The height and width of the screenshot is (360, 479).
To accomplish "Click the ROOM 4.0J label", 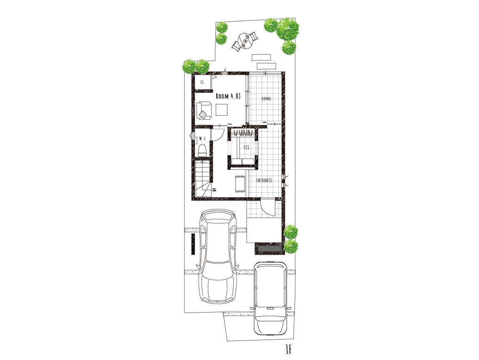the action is (228, 96).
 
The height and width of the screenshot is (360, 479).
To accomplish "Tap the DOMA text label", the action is (266, 99).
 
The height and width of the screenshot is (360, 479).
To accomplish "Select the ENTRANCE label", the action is (264, 181).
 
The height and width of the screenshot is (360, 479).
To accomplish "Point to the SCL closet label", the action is (246, 147).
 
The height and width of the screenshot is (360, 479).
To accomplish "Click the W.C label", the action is (202, 139).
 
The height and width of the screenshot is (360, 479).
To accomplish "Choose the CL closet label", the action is (202, 82).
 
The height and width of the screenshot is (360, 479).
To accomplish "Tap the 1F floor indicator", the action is (288, 349).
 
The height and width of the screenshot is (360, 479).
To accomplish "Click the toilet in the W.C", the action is (202, 150).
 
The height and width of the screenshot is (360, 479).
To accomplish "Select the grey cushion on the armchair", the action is (202, 114).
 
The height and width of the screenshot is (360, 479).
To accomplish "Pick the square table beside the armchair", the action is (222, 109).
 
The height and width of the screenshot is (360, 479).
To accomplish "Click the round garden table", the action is (246, 41).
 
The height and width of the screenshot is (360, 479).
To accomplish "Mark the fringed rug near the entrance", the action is (240, 184).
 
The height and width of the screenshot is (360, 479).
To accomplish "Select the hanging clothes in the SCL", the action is (244, 133).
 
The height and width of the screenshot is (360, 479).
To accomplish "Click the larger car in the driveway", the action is (217, 256).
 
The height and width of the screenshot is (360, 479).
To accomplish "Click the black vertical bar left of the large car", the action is (193, 244).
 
